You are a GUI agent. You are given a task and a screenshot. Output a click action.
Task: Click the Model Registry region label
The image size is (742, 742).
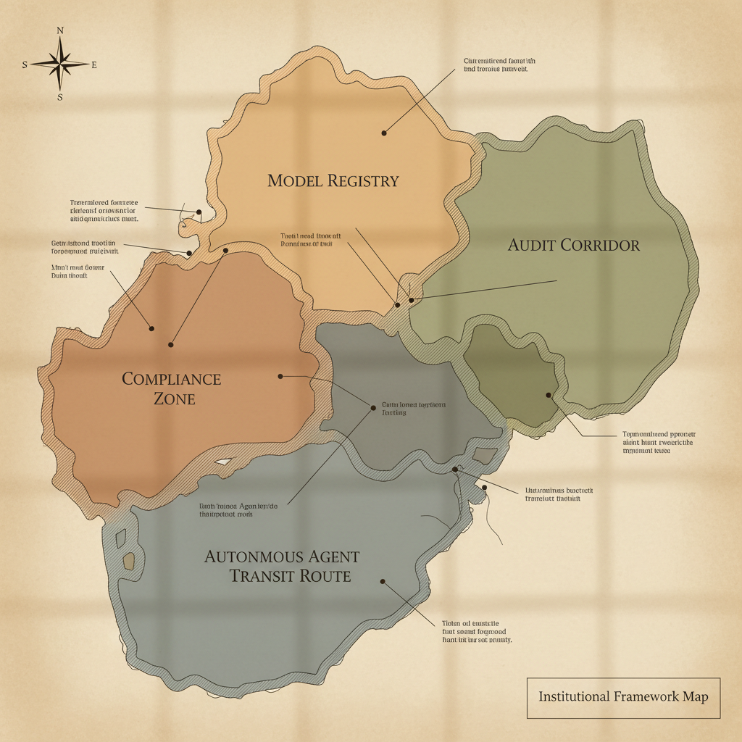(x=333, y=180)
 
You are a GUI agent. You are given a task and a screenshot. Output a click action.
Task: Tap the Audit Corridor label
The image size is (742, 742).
(x=574, y=245)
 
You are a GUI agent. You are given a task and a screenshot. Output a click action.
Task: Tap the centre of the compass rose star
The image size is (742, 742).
(x=60, y=64)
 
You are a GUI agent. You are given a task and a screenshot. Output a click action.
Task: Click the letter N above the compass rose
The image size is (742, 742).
(x=60, y=30)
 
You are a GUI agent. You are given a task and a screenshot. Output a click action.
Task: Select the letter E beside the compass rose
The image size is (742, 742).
(x=94, y=64)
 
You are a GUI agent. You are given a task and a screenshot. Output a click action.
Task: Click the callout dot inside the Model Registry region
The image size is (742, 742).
(x=384, y=133)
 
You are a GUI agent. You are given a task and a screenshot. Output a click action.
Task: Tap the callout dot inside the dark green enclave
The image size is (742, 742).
(x=549, y=395)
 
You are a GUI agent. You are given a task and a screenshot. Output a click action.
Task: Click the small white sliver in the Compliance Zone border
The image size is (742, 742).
(x=223, y=462)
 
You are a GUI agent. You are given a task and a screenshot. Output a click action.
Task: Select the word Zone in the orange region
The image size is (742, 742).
(x=175, y=398)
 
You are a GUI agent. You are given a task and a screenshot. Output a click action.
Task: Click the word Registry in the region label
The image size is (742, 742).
(x=362, y=180)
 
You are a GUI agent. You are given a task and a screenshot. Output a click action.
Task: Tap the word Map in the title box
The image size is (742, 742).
(x=695, y=696)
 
